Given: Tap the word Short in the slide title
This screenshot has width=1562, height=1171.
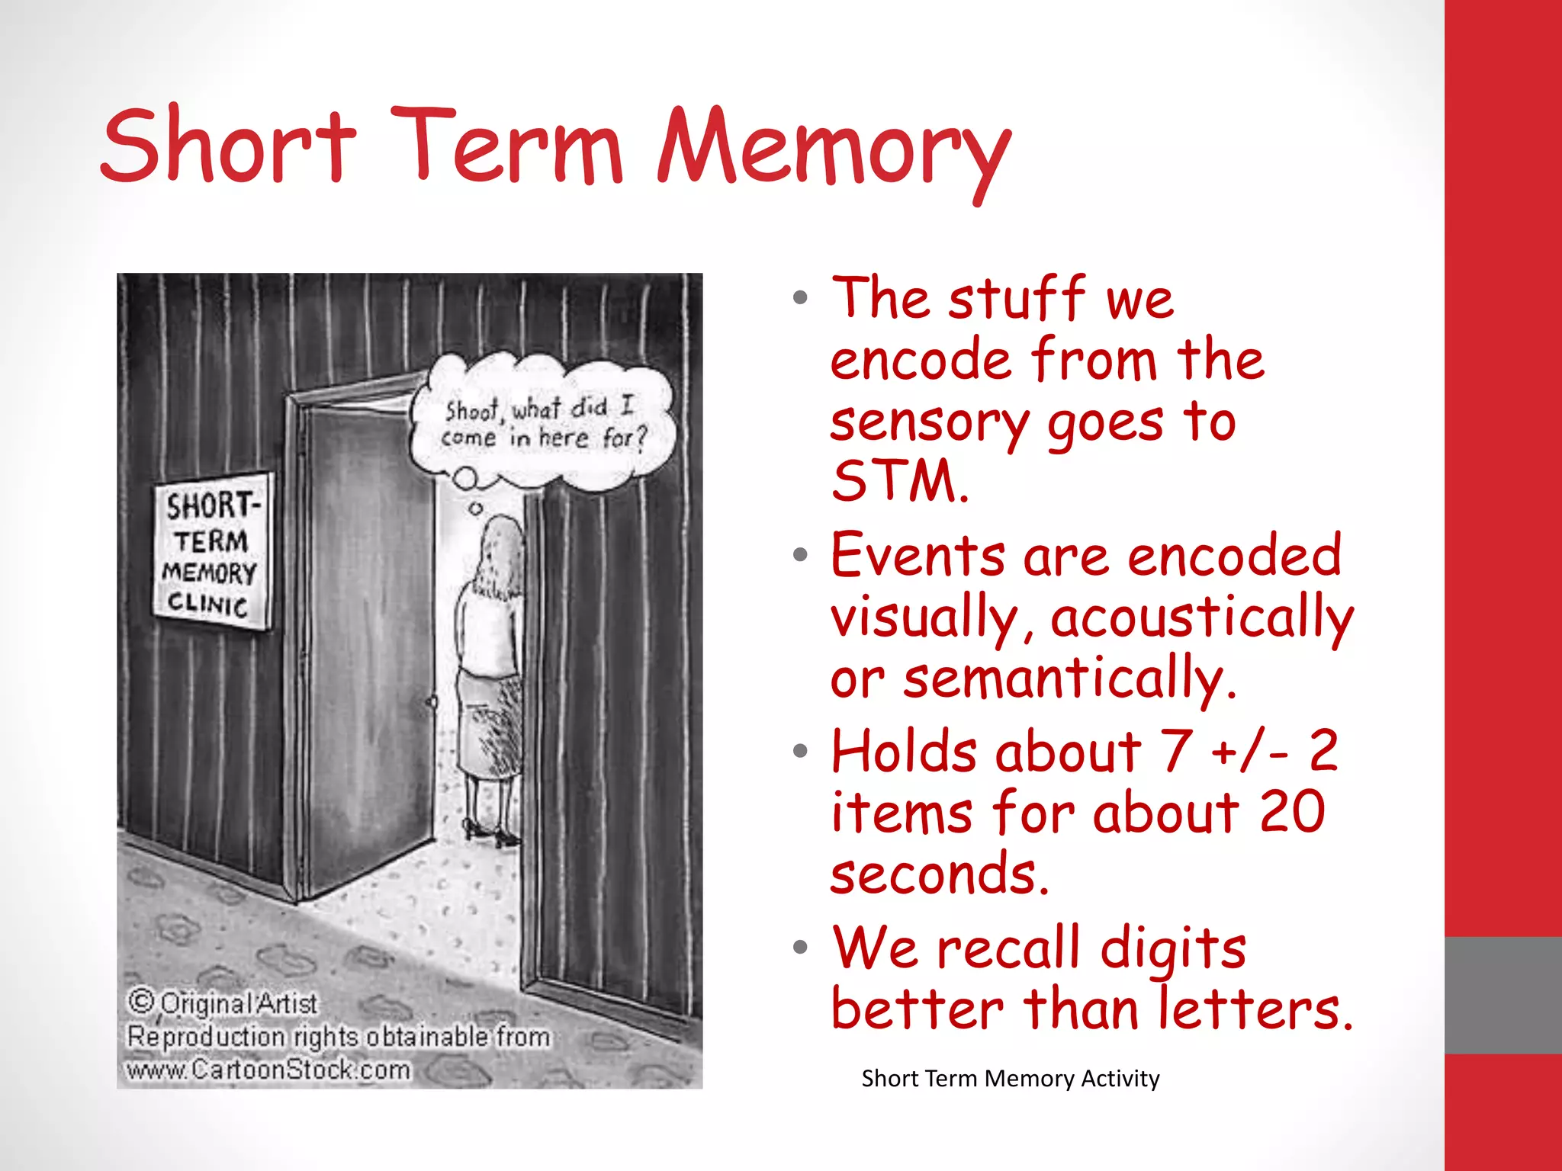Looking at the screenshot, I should point(228,145).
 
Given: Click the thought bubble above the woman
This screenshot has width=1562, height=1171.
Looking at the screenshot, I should point(543,423).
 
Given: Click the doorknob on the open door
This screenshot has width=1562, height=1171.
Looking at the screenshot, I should point(432,702).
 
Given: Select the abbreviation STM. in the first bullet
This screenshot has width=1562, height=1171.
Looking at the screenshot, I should point(900,482).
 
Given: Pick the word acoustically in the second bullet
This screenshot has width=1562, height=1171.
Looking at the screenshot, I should point(1201,618).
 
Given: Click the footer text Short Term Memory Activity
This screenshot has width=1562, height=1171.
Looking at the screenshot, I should point(1010,1079).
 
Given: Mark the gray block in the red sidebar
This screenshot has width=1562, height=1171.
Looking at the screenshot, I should point(1503,995).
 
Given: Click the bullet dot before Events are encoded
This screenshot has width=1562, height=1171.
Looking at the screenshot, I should point(800,555).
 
